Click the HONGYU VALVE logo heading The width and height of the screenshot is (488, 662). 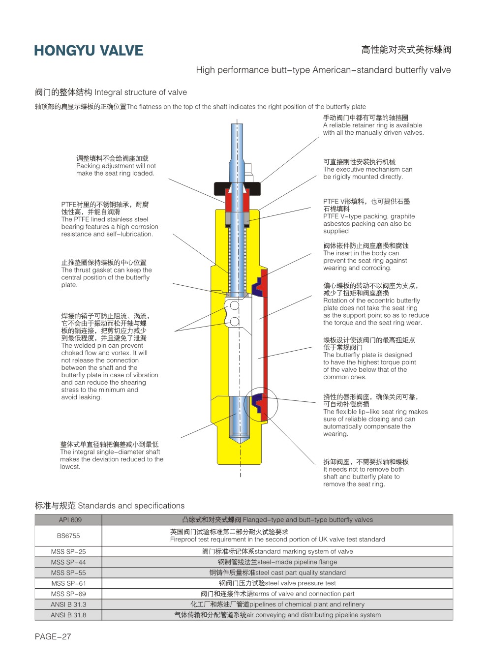(89, 51)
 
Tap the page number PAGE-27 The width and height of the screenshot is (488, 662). (53, 636)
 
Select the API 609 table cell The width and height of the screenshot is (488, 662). (68, 520)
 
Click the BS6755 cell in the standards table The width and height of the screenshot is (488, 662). (68, 536)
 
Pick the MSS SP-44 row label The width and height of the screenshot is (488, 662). (68, 562)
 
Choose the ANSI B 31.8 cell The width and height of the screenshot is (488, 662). (68, 615)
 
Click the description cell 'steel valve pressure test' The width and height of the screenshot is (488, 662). (277, 583)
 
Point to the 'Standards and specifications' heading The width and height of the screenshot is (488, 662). (109, 506)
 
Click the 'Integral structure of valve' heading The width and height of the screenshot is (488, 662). (111, 92)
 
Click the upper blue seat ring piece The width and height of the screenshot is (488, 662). (258, 286)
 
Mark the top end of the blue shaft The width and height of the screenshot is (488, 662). (237, 127)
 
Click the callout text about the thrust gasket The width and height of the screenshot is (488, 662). (106, 273)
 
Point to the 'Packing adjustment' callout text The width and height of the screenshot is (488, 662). (116, 166)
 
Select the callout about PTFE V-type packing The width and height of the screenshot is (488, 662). (368, 216)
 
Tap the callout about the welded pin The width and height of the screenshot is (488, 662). (109, 357)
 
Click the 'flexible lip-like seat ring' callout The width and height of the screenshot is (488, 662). (375, 415)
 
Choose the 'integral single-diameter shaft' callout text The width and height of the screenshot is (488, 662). (111, 455)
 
